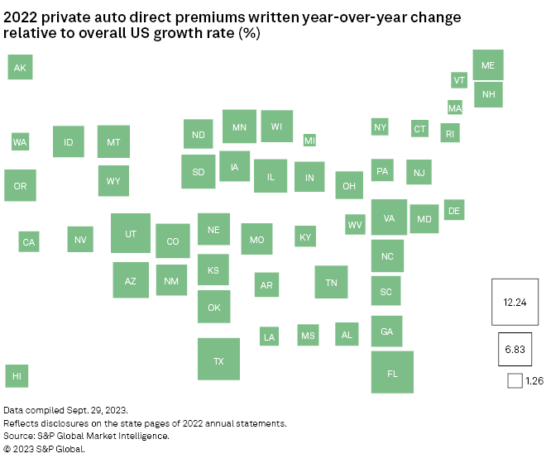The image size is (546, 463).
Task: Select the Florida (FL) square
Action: [392, 372]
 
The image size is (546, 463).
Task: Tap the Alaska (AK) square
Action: [20, 67]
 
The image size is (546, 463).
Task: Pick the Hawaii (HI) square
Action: [17, 375]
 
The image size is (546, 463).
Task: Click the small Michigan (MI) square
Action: [309, 141]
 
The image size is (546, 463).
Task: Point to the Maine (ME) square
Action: [488, 64]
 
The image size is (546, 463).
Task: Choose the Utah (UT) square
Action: [131, 233]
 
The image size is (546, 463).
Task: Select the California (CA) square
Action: [29, 241]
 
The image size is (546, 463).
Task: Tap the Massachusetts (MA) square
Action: [454, 107]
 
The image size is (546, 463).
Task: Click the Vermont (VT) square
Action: [459, 79]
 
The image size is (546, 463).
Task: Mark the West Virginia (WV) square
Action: [355, 224]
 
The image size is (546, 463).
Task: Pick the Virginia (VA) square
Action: [389, 217]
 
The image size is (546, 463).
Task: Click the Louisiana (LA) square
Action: [269, 336]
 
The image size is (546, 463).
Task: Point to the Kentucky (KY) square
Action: [305, 236]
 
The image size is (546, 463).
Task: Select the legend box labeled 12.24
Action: [515, 302]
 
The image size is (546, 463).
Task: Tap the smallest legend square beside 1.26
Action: [515, 380]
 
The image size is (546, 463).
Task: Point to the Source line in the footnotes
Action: [86, 436]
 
